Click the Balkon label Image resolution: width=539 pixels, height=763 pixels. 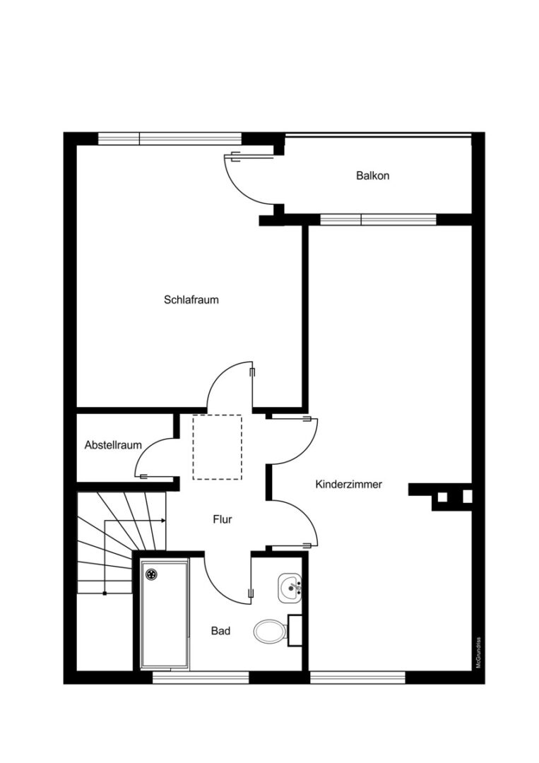click(372, 176)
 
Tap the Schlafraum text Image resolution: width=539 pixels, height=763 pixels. click(191, 300)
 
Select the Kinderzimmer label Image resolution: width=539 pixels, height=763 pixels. click(348, 485)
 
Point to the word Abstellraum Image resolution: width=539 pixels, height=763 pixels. click(113, 445)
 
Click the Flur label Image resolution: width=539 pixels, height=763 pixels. click(223, 519)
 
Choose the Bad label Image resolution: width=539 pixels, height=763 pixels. click(220, 631)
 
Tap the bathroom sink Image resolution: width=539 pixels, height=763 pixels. click(290, 588)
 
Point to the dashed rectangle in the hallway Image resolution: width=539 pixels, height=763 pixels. click(217, 447)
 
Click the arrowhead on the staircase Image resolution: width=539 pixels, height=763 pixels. click(164, 521)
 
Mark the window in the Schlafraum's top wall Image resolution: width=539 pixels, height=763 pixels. click(170, 138)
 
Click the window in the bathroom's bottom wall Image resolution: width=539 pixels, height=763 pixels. click(201, 678)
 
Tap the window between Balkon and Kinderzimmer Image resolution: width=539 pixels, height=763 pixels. click(378, 219)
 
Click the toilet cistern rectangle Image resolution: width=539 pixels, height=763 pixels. click(296, 629)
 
